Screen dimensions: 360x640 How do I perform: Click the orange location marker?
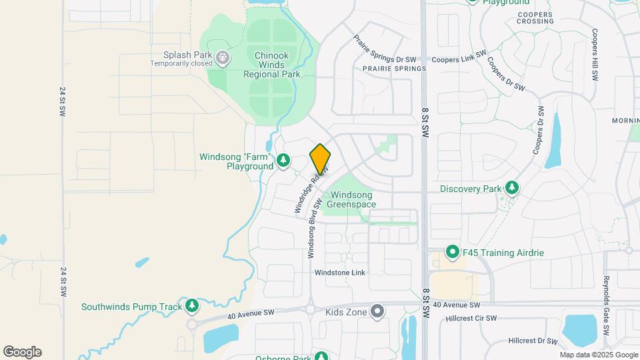point(320,159)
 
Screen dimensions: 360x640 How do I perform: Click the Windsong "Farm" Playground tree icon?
point(284,160)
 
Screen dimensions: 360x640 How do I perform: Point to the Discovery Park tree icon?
point(512,188)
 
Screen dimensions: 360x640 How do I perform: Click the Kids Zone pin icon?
point(378,311)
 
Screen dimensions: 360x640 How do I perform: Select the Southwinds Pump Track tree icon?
point(192,306)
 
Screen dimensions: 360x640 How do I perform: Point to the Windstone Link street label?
point(340,273)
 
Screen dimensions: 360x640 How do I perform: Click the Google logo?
point(22,351)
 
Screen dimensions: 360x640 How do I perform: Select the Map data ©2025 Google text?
point(598,355)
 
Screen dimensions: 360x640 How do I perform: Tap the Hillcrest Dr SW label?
point(532,341)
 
